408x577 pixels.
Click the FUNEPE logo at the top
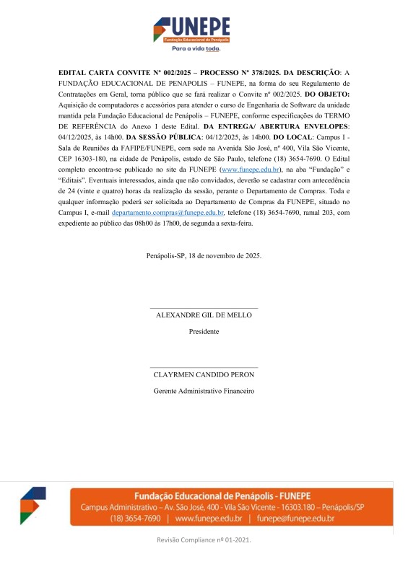(191, 30)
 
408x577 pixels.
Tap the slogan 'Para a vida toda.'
(195, 49)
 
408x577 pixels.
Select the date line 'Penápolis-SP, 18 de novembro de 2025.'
(204, 255)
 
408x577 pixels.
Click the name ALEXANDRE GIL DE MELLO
(204, 316)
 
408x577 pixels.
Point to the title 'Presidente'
(204, 332)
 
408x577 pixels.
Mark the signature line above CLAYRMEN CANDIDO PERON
(204, 368)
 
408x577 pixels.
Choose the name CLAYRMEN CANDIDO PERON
(204, 375)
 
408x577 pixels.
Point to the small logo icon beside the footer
(32, 506)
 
